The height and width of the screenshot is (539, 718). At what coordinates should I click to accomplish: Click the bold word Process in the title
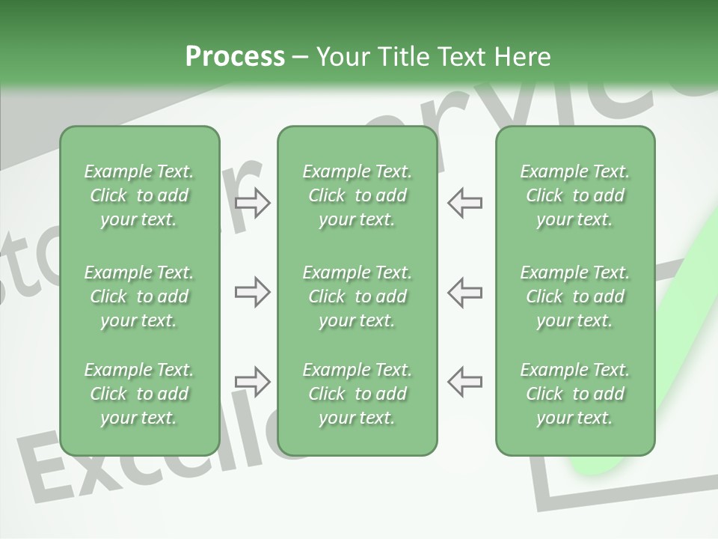pos(235,57)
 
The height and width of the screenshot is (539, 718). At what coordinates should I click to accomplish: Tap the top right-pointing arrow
pos(253,203)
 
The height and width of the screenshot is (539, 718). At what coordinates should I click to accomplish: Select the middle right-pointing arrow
pos(253,292)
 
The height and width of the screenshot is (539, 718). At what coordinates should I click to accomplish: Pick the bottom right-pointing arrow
pos(253,381)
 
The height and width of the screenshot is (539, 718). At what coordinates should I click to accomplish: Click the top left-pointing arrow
pos(464,203)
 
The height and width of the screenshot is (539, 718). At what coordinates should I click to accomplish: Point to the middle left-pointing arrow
pos(464,292)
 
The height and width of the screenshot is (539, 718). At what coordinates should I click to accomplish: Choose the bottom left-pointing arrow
pos(464,381)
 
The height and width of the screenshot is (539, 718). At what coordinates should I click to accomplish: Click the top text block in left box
pos(139,195)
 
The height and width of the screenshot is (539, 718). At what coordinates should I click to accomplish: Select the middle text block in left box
pos(139,296)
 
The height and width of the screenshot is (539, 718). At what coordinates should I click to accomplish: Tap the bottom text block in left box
pos(139,394)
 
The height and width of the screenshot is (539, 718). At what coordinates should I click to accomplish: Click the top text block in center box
pos(358,195)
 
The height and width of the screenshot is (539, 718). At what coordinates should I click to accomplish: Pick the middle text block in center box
pos(358,296)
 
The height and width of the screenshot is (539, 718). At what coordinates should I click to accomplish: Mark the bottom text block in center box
pos(358,394)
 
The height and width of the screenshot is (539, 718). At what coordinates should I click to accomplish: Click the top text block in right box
pos(575,195)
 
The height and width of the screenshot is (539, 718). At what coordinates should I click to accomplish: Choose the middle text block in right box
pos(575,296)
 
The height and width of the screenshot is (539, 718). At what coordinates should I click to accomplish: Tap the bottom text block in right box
pos(575,394)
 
